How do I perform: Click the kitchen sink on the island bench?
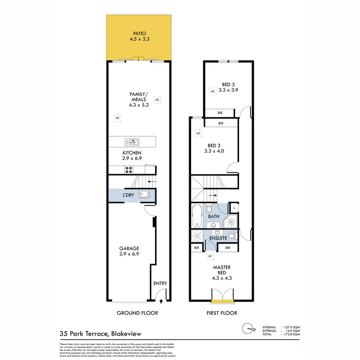click(132, 142)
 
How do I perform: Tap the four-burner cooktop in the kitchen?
click(129, 169)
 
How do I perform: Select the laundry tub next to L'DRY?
click(144, 194)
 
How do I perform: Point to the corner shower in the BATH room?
click(231, 221)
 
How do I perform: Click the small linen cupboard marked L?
click(235, 207)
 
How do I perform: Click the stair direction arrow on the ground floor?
click(151, 182)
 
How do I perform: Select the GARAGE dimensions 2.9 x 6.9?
click(130, 254)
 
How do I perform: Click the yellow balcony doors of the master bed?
click(222, 301)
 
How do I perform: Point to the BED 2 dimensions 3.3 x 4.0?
click(214, 151)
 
